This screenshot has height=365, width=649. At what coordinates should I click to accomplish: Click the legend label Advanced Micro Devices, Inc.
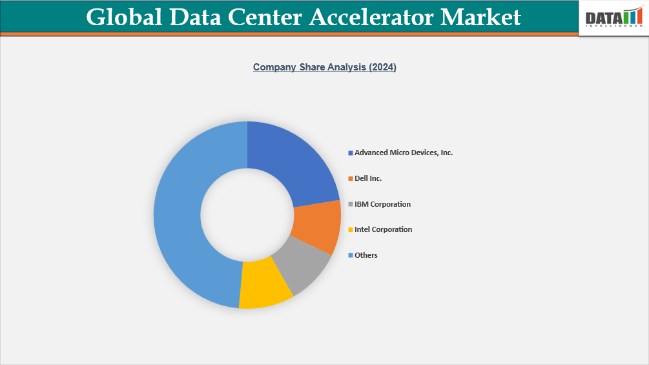[404, 152]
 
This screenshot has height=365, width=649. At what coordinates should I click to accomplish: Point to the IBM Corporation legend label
[382, 204]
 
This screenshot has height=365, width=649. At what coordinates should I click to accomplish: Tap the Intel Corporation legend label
[383, 229]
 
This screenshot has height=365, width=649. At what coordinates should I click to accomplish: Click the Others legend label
[366, 255]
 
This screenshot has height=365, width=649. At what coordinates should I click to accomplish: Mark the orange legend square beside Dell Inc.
[351, 179]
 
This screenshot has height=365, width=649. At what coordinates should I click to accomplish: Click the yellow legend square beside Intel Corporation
[351, 230]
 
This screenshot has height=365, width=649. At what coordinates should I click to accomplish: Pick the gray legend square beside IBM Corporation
[351, 205]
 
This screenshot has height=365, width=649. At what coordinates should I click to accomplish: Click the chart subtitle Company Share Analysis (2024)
[324, 67]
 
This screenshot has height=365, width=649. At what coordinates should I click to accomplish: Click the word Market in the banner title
[480, 17]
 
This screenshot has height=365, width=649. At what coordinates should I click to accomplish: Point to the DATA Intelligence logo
[614, 19]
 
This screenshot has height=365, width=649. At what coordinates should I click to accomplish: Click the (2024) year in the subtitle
[382, 67]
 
